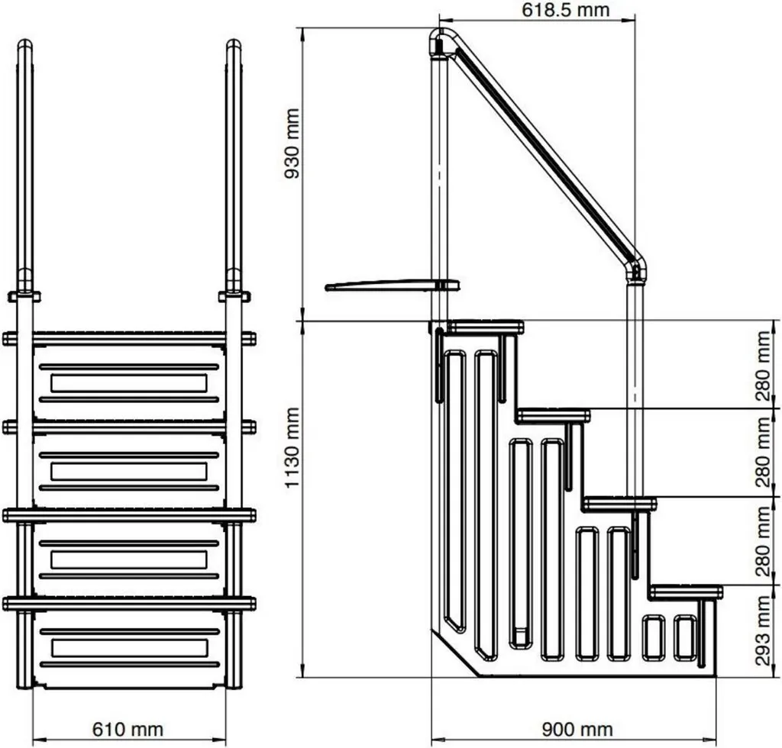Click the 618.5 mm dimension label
coord(566,11)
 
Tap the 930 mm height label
coord(292,143)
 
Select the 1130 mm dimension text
coord(292,448)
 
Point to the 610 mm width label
coord(128,730)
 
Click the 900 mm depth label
coord(577,730)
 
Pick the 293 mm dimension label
coord(763,631)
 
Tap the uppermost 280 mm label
coord(763,367)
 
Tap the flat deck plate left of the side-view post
coord(392,285)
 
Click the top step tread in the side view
coord(485,327)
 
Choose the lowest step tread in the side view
coord(687,592)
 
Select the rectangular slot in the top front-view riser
coord(128,383)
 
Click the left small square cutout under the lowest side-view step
coord(654,638)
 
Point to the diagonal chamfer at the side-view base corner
coord(455,653)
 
